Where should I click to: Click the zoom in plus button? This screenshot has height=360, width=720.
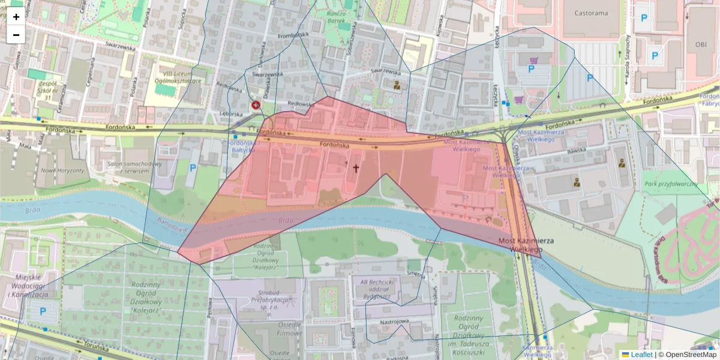16,17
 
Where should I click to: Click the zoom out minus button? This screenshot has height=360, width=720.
16,35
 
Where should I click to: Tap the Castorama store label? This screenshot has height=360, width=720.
590,13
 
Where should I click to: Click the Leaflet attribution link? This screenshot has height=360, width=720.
641,355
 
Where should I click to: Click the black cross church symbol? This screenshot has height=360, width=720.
355,169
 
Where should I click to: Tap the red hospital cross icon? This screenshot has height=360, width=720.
256,105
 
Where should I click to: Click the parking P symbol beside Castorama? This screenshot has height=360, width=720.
644,19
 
